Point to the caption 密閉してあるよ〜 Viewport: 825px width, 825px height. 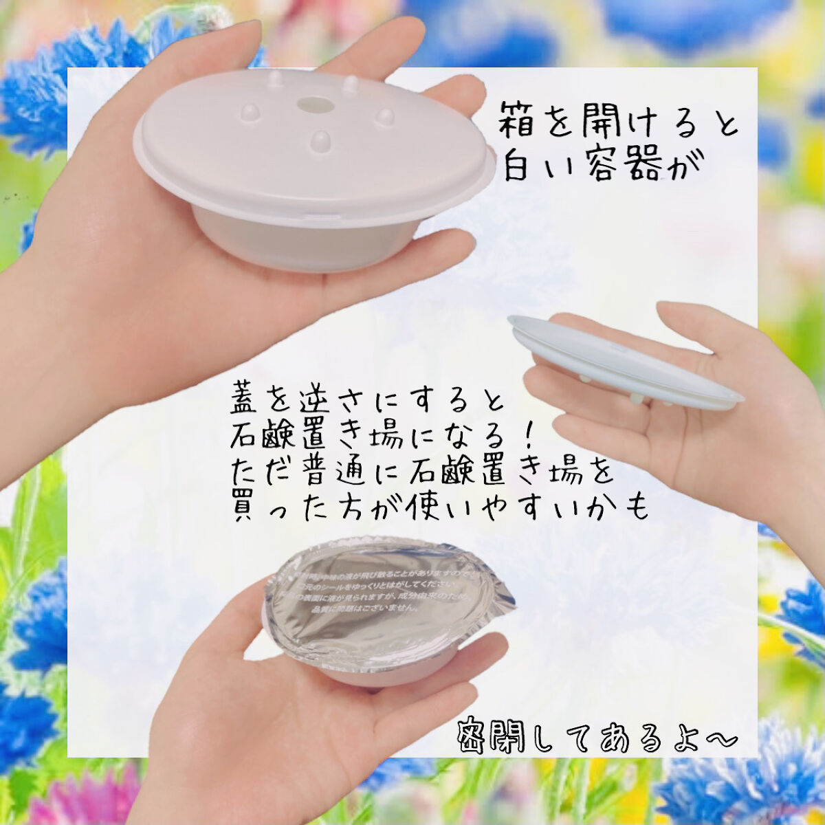[x=597, y=738]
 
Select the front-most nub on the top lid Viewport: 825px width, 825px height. [x=320, y=141]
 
